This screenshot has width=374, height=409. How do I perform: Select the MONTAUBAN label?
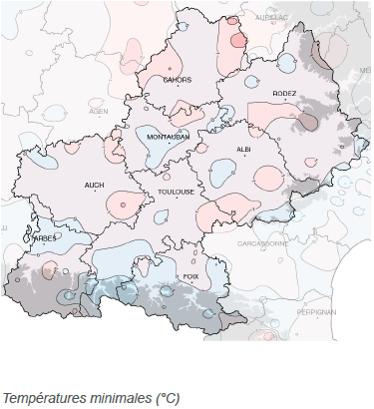pyautogui.click(x=167, y=136)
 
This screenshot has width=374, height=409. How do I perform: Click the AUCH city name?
pyautogui.click(x=95, y=185)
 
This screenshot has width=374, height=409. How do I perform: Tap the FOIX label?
pyautogui.click(x=189, y=276)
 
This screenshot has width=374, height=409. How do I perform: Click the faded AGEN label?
pyautogui.click(x=99, y=112)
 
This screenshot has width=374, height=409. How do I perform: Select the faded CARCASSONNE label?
pyautogui.click(x=262, y=242)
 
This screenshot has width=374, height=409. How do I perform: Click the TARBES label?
pyautogui.click(x=45, y=238)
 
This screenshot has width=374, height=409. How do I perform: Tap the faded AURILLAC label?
pyautogui.click(x=271, y=17)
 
